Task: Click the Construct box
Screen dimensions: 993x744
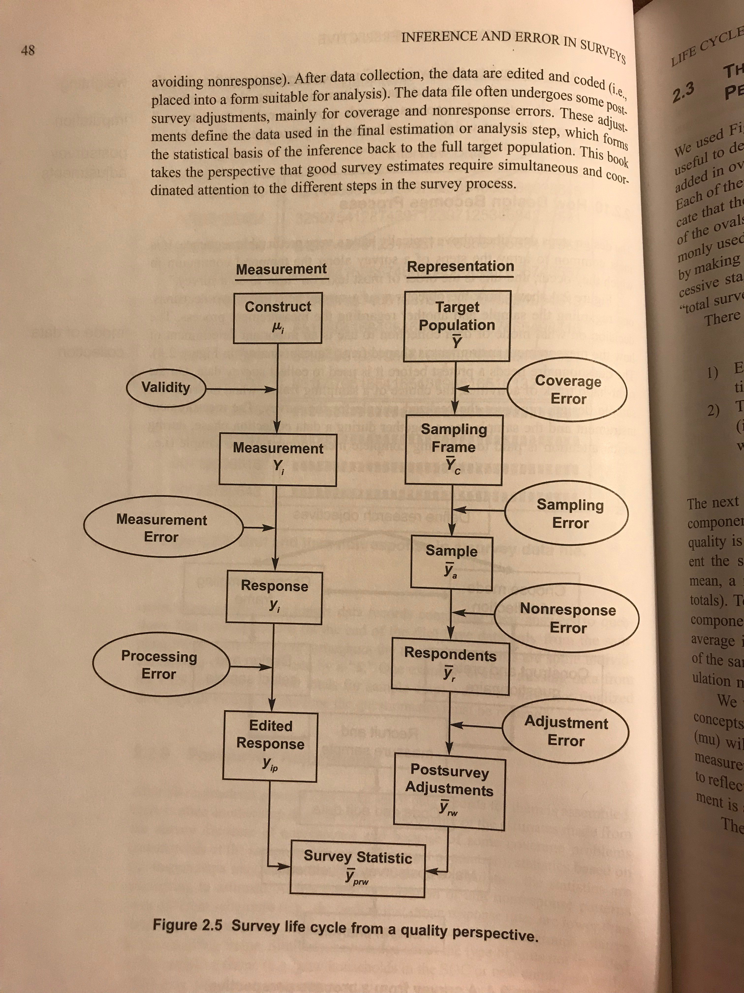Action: (x=278, y=318)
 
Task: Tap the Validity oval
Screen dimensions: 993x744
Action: (x=166, y=387)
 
